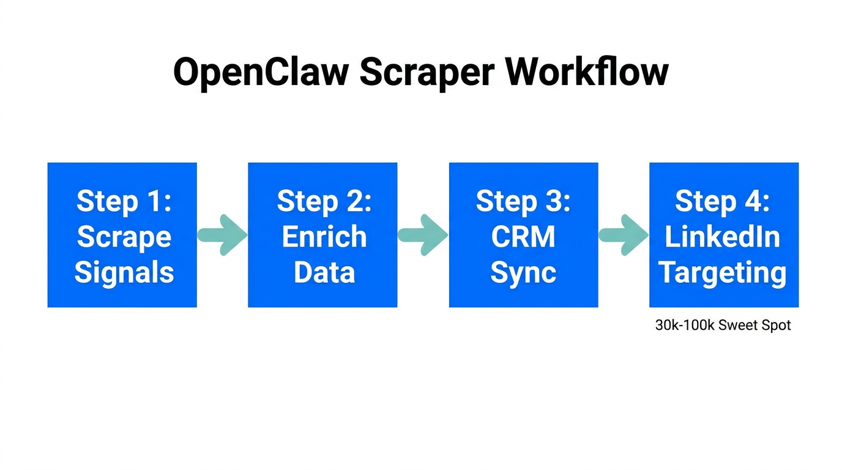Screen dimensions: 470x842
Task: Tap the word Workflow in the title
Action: (x=587, y=73)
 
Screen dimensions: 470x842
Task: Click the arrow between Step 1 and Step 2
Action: (x=222, y=235)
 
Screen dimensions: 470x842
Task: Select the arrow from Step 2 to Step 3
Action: (x=423, y=235)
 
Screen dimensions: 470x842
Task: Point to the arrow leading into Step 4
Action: (x=624, y=235)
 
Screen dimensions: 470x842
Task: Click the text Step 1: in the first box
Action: (x=124, y=201)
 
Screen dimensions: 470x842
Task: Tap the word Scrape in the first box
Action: (x=124, y=237)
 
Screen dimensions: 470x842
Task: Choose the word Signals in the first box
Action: (x=124, y=272)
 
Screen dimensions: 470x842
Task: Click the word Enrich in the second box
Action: (x=324, y=237)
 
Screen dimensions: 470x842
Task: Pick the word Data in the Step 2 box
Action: (x=324, y=272)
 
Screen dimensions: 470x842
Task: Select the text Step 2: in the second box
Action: (x=324, y=201)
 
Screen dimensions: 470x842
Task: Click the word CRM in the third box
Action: (x=523, y=237)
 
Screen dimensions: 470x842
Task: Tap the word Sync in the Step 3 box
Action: (x=523, y=272)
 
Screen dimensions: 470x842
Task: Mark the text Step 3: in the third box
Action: (x=523, y=201)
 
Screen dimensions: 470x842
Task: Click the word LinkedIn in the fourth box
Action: (x=723, y=237)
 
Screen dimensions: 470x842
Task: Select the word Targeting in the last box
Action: (x=723, y=272)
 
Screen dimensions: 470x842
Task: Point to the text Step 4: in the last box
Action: (x=723, y=201)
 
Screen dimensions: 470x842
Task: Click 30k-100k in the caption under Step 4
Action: (x=685, y=326)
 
